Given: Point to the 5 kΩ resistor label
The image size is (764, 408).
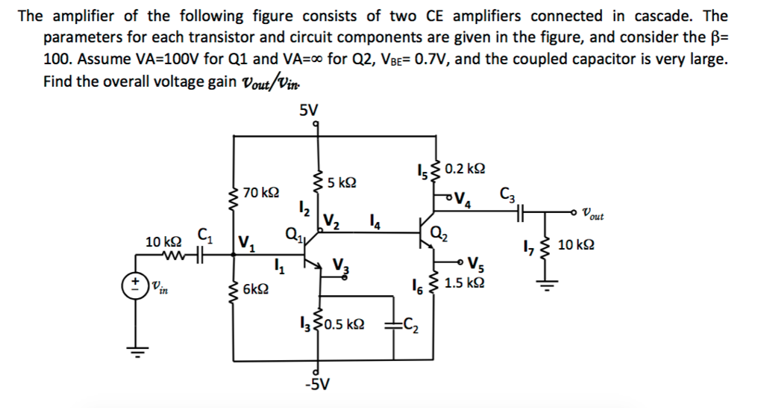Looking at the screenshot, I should click(342, 182).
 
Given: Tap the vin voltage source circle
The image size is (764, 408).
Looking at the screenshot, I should click(135, 284).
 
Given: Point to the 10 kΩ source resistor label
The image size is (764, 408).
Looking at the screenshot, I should click(163, 242).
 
